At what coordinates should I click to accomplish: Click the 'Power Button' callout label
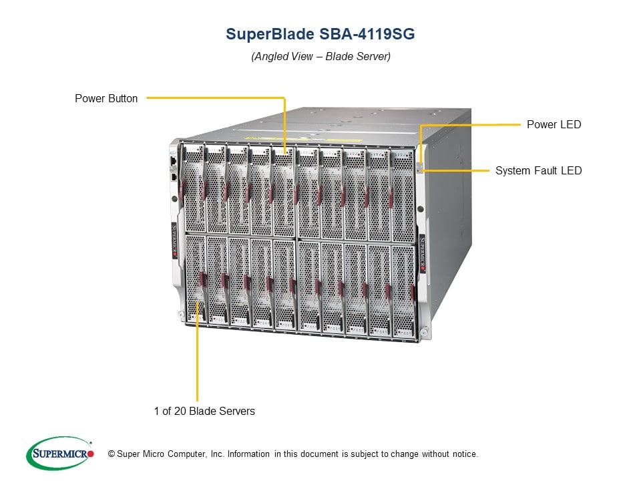click(x=106, y=99)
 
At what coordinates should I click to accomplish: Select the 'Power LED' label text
click(x=554, y=124)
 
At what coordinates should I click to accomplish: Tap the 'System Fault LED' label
click(x=538, y=170)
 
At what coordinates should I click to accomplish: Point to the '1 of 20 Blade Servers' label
click(x=204, y=411)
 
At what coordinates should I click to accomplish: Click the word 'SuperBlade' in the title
click(x=270, y=34)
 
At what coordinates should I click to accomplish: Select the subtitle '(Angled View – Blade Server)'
click(x=321, y=56)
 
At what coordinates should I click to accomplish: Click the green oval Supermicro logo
click(x=60, y=453)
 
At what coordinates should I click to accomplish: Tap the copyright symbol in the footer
click(x=112, y=454)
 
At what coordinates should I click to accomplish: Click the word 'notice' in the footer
click(x=465, y=454)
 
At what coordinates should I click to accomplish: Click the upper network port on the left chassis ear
click(x=173, y=160)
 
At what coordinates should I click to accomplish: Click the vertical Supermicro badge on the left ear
click(x=174, y=240)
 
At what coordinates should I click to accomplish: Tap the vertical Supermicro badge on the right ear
click(x=422, y=254)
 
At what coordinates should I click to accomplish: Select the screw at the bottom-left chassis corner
click(x=181, y=314)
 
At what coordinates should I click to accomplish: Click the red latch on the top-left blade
click(x=183, y=188)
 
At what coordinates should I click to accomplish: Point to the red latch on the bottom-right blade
click(x=413, y=293)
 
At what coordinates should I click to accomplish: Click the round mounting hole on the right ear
click(x=420, y=209)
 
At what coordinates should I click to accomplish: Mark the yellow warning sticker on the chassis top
click(x=302, y=140)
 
